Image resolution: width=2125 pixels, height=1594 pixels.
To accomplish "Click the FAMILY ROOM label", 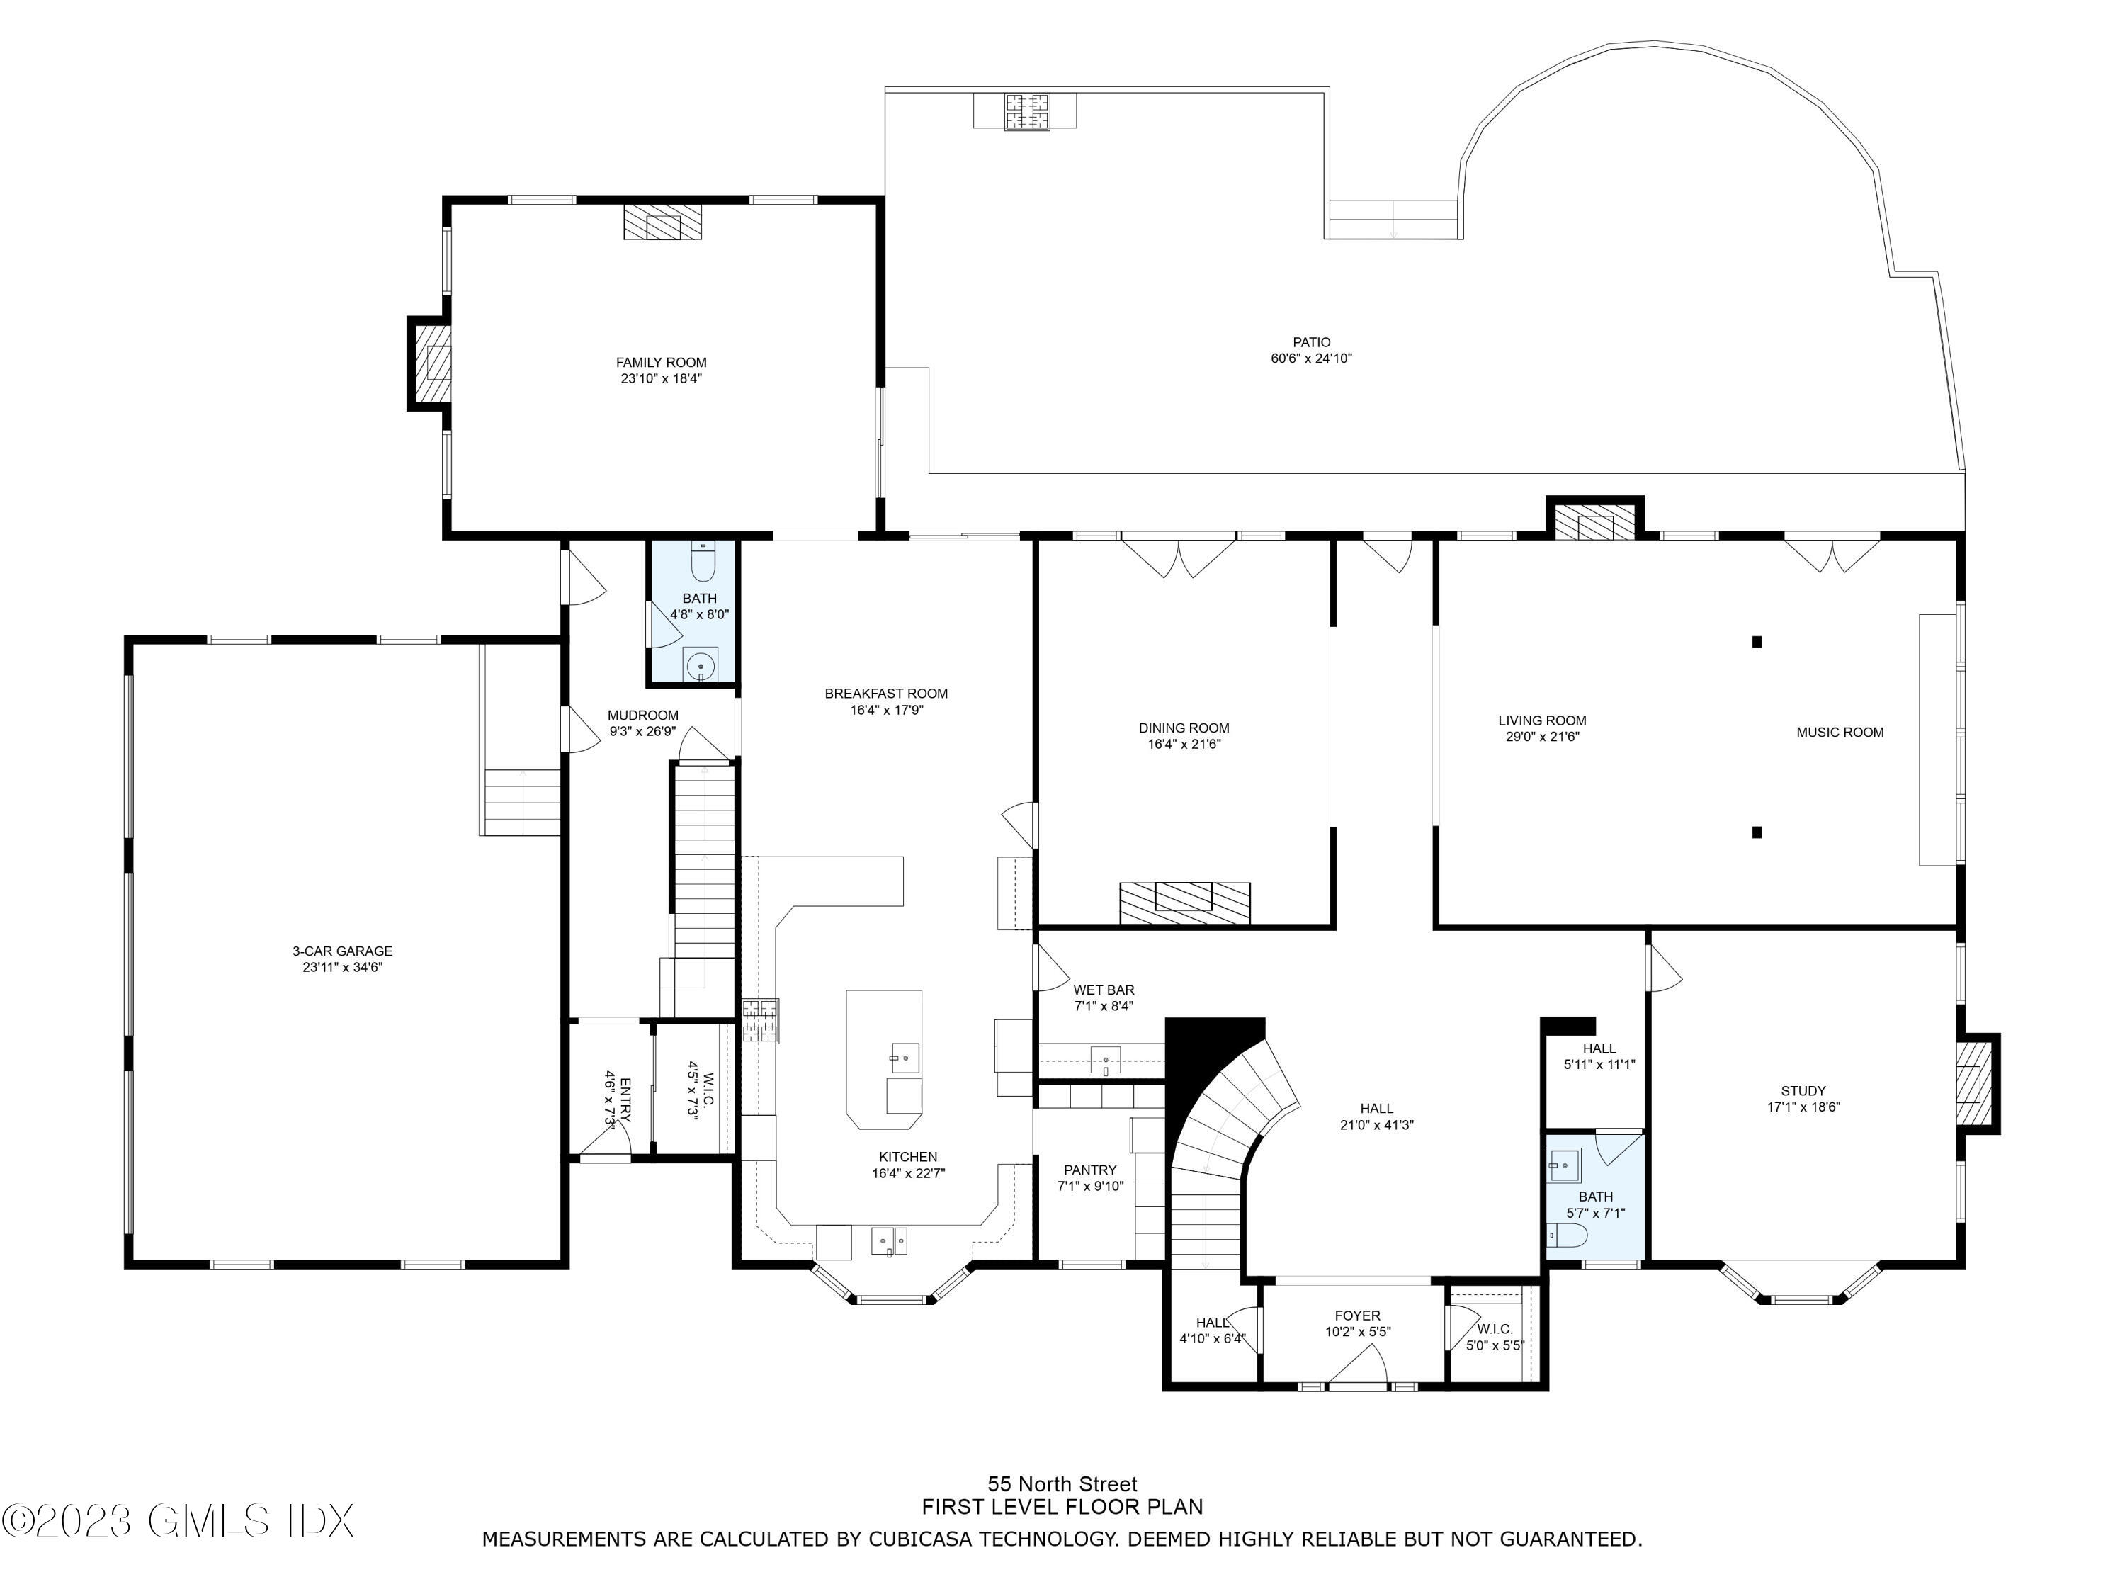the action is click(x=661, y=362).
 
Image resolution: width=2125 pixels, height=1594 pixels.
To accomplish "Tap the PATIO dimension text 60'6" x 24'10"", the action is click(x=1311, y=358).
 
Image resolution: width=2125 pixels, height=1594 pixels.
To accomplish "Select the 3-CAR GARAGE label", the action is click(x=342, y=951).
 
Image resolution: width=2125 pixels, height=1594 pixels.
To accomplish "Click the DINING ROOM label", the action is click(x=1184, y=728).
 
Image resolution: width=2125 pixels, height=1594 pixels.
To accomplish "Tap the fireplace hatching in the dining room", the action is click(x=1184, y=903).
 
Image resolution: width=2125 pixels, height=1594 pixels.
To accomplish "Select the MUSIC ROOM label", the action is click(x=1840, y=732).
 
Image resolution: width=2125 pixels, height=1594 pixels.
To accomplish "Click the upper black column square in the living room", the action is click(x=1756, y=642).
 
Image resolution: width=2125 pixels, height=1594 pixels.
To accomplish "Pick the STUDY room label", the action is click(x=1803, y=1090).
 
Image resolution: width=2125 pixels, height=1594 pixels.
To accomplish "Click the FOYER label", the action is click(x=1357, y=1316).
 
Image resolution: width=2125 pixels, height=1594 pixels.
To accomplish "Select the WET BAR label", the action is click(x=1104, y=990).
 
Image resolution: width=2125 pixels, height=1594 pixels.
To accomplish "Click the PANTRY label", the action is click(x=1090, y=1170).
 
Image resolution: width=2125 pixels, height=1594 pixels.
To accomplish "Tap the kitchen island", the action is click(x=884, y=1060).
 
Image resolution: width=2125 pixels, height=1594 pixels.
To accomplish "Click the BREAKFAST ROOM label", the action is click(x=885, y=694).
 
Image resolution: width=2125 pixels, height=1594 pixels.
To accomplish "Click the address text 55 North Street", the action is click(x=1062, y=1483).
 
